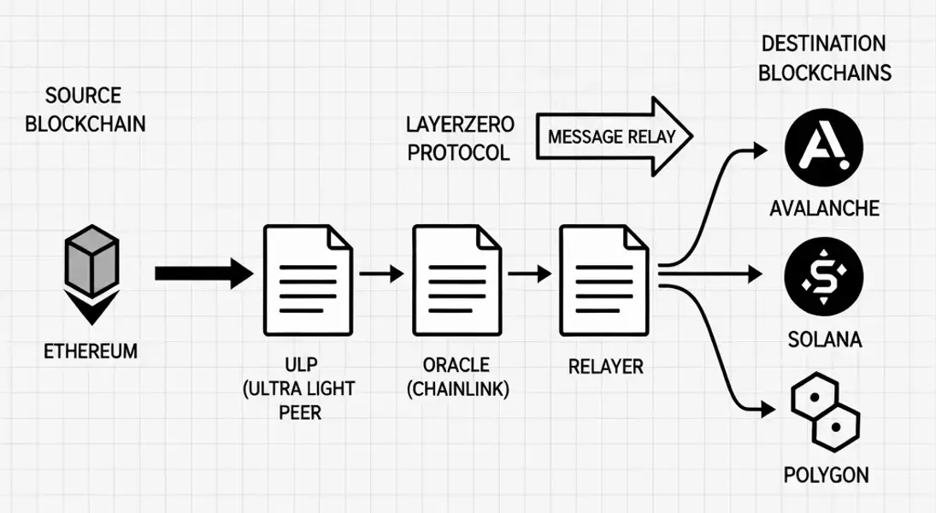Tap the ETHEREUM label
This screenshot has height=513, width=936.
[91, 351]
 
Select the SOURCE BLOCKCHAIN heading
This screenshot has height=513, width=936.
[85, 109]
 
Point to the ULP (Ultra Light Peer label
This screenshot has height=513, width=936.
[298, 389]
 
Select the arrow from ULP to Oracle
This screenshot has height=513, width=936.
[381, 274]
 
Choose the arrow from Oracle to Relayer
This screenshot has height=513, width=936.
[529, 274]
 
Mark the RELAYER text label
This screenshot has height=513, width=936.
[605, 367]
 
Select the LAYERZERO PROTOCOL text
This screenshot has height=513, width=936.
[459, 139]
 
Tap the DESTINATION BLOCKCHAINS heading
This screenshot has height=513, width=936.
[825, 58]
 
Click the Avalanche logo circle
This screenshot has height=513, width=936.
[824, 151]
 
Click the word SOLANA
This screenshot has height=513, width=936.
[824, 339]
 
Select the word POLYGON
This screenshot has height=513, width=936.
[826, 475]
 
